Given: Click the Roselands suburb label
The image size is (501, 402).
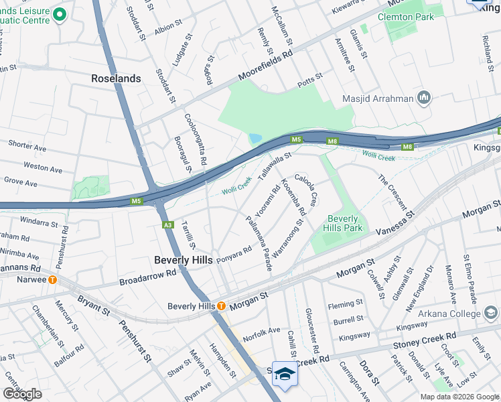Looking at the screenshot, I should coord(116,78).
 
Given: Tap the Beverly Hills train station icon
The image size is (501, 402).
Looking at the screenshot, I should coord(221,306).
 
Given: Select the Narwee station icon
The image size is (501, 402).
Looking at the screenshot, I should coord(52,279).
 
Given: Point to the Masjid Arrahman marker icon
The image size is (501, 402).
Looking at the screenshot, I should coord(423,98).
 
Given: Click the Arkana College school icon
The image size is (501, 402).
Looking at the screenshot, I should coord(490,312).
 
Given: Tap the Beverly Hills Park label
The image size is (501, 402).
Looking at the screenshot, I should coord(344,223).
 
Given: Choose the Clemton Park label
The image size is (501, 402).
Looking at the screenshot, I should coord(401,17).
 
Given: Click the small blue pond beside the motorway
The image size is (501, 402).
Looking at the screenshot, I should coord(255,139).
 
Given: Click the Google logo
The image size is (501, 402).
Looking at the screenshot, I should coord(22,394).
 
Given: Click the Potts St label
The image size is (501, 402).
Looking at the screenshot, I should coord(310,79).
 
